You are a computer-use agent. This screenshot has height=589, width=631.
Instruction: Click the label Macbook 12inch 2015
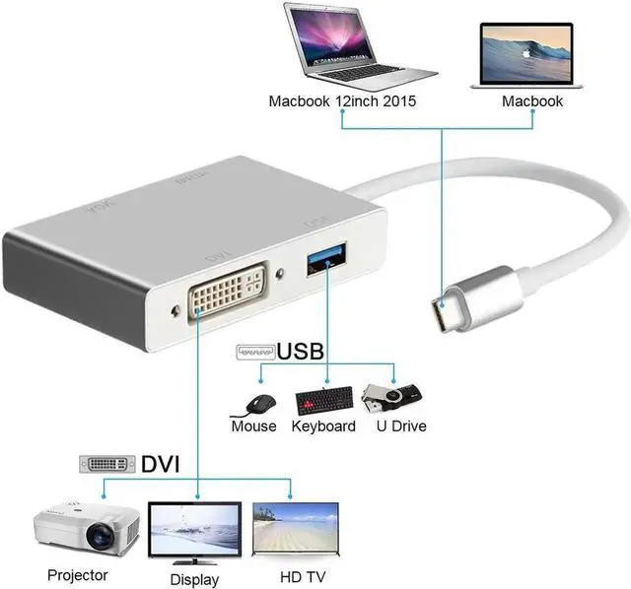point(341,101)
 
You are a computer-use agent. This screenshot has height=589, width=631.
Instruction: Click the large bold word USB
point(301,352)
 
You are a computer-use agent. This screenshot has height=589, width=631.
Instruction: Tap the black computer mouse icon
point(258,403)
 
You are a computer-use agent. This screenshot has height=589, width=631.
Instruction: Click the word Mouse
point(253,426)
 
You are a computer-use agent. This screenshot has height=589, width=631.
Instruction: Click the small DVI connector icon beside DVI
point(107,463)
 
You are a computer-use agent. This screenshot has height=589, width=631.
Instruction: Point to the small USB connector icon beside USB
point(254,352)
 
